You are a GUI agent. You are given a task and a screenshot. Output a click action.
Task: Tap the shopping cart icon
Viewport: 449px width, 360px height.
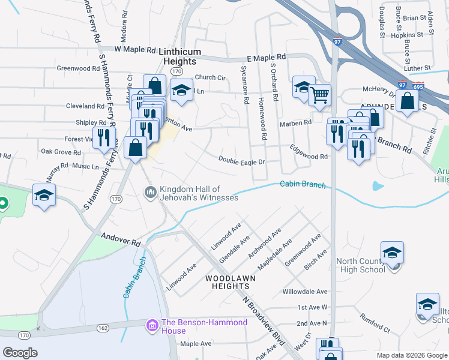[x=320, y=94]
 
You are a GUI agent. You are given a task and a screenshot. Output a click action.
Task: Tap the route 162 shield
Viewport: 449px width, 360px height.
[x=100, y=328]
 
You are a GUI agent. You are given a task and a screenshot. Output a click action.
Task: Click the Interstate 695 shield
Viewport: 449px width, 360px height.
[x=418, y=86]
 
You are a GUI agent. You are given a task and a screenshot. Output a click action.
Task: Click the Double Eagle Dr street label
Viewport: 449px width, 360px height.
[x=242, y=161]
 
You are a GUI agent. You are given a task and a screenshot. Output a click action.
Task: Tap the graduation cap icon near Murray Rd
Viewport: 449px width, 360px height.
[x=44, y=196]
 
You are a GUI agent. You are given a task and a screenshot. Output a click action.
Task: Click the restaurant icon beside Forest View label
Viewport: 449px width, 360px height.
[x=104, y=137]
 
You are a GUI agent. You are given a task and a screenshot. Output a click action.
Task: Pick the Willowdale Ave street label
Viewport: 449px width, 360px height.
[x=306, y=292]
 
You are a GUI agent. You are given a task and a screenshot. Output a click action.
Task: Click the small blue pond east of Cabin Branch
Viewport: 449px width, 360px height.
[x=378, y=185]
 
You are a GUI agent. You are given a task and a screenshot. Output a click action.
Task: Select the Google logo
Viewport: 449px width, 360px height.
[x=20, y=353]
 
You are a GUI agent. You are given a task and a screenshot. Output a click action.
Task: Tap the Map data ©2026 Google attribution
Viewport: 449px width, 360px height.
[x=412, y=355]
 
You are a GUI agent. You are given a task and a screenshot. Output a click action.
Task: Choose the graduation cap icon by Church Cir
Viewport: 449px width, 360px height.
[x=181, y=90]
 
